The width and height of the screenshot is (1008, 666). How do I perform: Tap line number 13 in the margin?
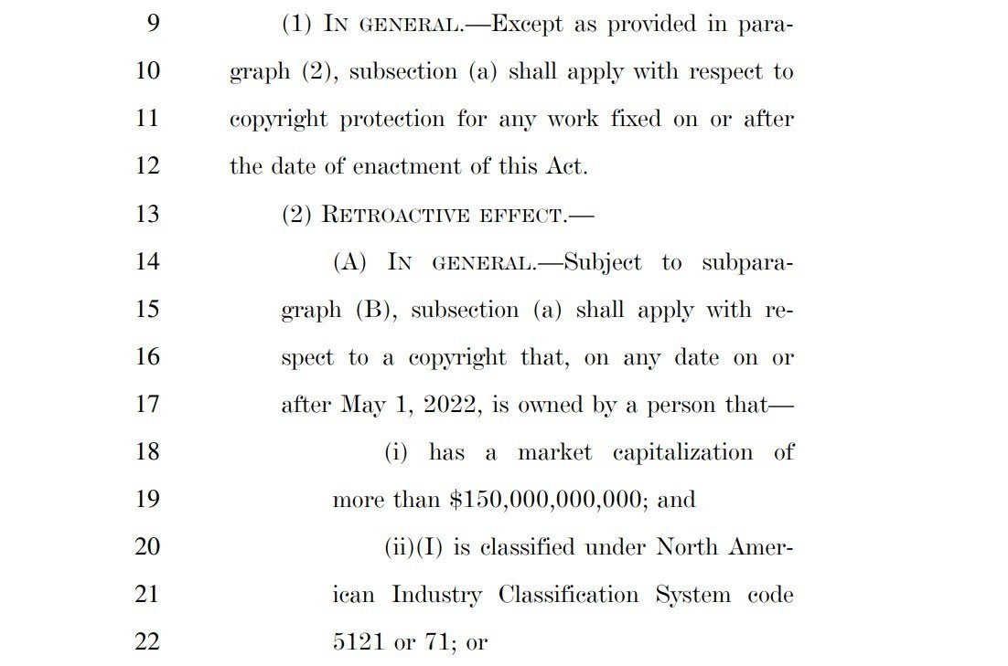[x=146, y=214]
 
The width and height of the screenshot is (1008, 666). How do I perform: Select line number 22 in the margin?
[x=146, y=641]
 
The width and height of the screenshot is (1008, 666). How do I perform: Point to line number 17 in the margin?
[x=146, y=404]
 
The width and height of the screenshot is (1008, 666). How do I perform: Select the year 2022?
[x=450, y=405]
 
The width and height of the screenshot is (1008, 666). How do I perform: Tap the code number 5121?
[x=359, y=642]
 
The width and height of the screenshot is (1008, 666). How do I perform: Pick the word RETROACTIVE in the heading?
[x=388, y=216]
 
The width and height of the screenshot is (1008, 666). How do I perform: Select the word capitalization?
[x=682, y=452]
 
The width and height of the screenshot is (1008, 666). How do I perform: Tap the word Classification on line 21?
[x=568, y=595]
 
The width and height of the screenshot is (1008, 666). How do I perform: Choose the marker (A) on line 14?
[x=349, y=263]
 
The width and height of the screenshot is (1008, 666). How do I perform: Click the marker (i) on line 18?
[x=395, y=452]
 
